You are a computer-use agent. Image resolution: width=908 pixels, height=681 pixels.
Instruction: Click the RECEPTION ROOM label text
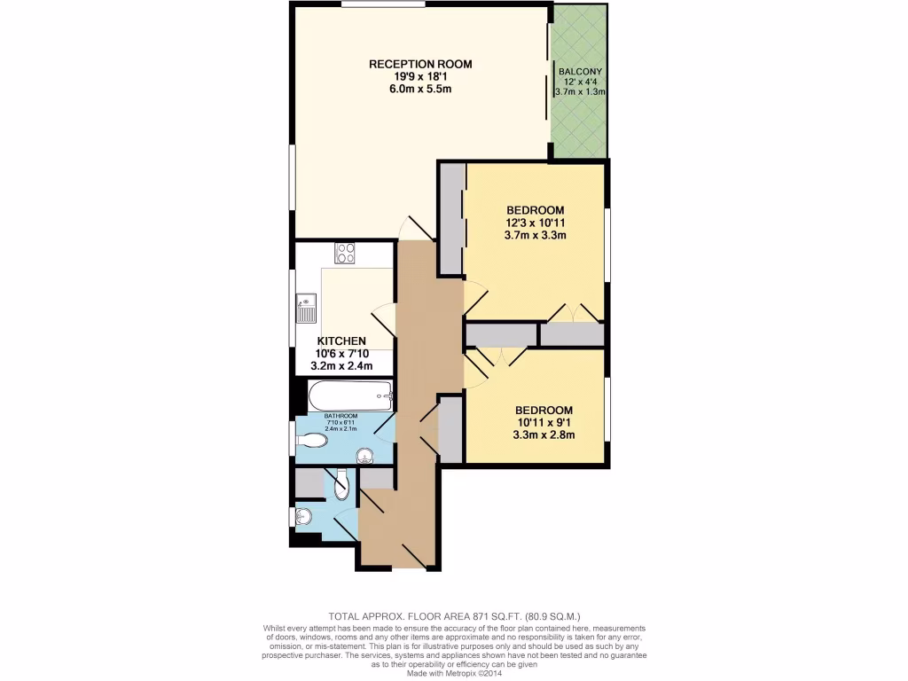click(420, 64)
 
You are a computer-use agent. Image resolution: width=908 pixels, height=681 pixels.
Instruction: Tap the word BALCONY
click(580, 72)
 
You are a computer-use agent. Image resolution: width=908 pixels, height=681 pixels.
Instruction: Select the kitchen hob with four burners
click(345, 253)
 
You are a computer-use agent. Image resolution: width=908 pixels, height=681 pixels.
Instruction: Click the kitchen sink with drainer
click(305, 308)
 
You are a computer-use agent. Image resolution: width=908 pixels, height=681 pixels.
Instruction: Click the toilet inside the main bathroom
click(311, 439)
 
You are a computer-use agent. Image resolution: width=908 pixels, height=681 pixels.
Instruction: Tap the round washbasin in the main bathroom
click(364, 457)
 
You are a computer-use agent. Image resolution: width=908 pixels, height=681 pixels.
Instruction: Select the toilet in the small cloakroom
click(342, 484)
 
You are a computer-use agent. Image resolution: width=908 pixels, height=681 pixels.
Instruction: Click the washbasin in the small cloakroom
click(301, 516)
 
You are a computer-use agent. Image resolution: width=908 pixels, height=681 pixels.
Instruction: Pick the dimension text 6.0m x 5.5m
click(420, 90)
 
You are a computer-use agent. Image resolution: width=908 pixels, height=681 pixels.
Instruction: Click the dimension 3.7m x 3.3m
click(536, 235)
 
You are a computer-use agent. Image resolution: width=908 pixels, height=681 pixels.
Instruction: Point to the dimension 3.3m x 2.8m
click(544, 434)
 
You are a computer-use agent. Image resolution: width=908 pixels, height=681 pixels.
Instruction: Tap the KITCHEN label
click(342, 340)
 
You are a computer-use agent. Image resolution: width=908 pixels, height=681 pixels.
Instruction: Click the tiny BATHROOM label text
click(340, 416)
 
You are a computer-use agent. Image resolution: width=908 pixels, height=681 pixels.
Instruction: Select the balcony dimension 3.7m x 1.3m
click(580, 91)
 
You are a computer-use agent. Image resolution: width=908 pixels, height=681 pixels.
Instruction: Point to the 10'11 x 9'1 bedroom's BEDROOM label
click(544, 410)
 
